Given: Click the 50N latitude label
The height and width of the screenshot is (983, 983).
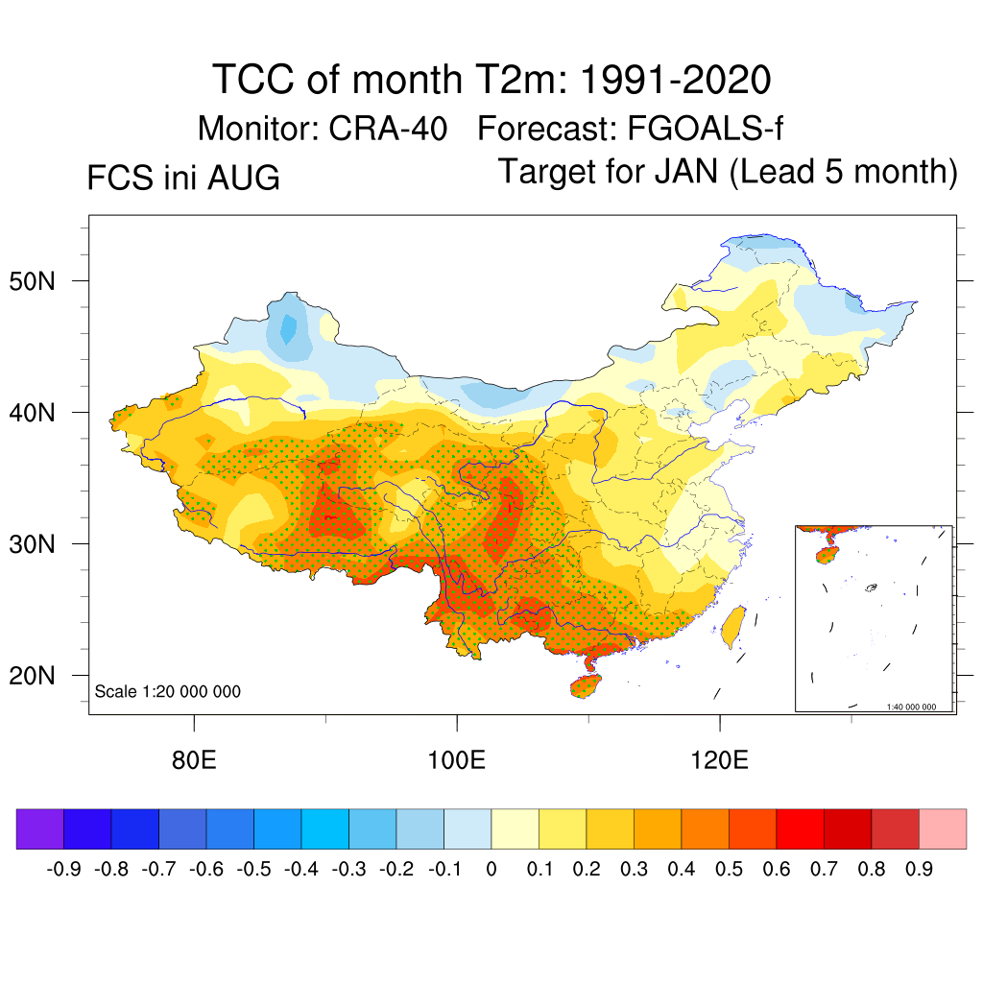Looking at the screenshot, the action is point(32,281).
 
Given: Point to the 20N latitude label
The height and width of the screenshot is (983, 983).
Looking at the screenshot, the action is point(32,676).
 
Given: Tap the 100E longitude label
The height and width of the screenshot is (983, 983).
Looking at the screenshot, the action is point(456,760).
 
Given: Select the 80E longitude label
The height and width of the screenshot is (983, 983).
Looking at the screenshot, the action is point(194,760).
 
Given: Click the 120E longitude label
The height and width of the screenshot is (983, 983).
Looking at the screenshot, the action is point(719,760).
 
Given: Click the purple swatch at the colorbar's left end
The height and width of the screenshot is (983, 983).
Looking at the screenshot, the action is point(40,828).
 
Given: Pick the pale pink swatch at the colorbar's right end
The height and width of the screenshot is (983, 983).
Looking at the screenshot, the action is point(943,828).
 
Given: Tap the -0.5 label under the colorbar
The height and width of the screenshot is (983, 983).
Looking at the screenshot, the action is point(253,870).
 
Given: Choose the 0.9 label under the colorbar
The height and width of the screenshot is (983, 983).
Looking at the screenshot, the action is point(919,870).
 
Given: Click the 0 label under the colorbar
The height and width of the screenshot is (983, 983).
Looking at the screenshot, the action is point(491,870).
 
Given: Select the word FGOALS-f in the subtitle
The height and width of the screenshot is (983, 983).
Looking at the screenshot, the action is point(705,129).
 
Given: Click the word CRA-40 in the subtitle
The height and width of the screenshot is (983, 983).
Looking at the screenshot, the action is point(388,129).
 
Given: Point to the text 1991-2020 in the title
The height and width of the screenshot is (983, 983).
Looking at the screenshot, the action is point(675,80).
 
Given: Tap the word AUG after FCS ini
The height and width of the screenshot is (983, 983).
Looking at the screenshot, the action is point(243,178).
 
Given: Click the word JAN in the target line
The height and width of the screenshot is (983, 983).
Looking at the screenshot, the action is point(685,171).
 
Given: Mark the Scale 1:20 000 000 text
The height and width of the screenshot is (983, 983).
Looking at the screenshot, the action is point(167,691).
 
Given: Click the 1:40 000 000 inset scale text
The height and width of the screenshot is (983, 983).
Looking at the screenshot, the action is point(911,707).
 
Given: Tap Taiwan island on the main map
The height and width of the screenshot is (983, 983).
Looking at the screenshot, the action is point(733,627).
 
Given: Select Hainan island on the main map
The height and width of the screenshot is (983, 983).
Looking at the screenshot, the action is point(586,685).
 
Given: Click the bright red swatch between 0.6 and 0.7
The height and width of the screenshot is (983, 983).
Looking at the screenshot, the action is point(800,828).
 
